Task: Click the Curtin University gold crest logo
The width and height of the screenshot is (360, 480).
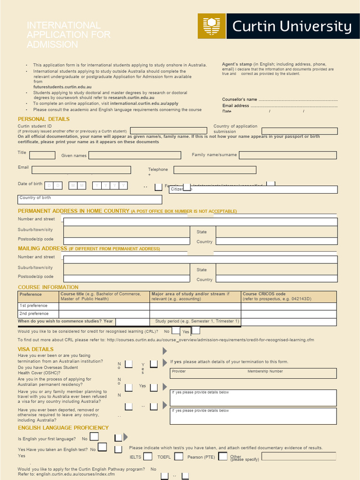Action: [211, 26]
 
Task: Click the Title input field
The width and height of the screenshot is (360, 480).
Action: [42, 155]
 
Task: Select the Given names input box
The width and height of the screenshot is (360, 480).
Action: [135, 155]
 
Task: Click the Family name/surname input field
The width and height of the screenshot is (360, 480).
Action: [288, 155]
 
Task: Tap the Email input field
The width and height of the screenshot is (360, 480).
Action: [81, 170]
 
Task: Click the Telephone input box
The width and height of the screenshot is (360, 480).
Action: [215, 170]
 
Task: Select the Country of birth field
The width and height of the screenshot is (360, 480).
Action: [90, 200]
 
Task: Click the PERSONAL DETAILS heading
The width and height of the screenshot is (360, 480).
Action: [44, 119]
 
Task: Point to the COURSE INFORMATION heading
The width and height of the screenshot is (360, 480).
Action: [48, 287]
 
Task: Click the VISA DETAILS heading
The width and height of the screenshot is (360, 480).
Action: [36, 349]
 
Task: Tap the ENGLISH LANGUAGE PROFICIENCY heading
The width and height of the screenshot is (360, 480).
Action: [63, 428]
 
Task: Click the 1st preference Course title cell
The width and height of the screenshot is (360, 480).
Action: [104, 306]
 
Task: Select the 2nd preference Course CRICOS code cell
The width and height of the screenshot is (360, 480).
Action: [288, 314]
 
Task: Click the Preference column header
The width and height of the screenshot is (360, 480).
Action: [31, 294]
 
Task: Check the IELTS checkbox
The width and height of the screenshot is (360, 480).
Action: [148, 456]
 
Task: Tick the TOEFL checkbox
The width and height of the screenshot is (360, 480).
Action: [178, 456]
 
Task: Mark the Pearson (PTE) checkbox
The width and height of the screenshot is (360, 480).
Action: [223, 456]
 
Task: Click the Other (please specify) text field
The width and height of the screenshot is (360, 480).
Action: [299, 456]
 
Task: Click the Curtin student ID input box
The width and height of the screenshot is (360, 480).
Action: [168, 131]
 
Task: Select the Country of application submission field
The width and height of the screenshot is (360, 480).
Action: [300, 131]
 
